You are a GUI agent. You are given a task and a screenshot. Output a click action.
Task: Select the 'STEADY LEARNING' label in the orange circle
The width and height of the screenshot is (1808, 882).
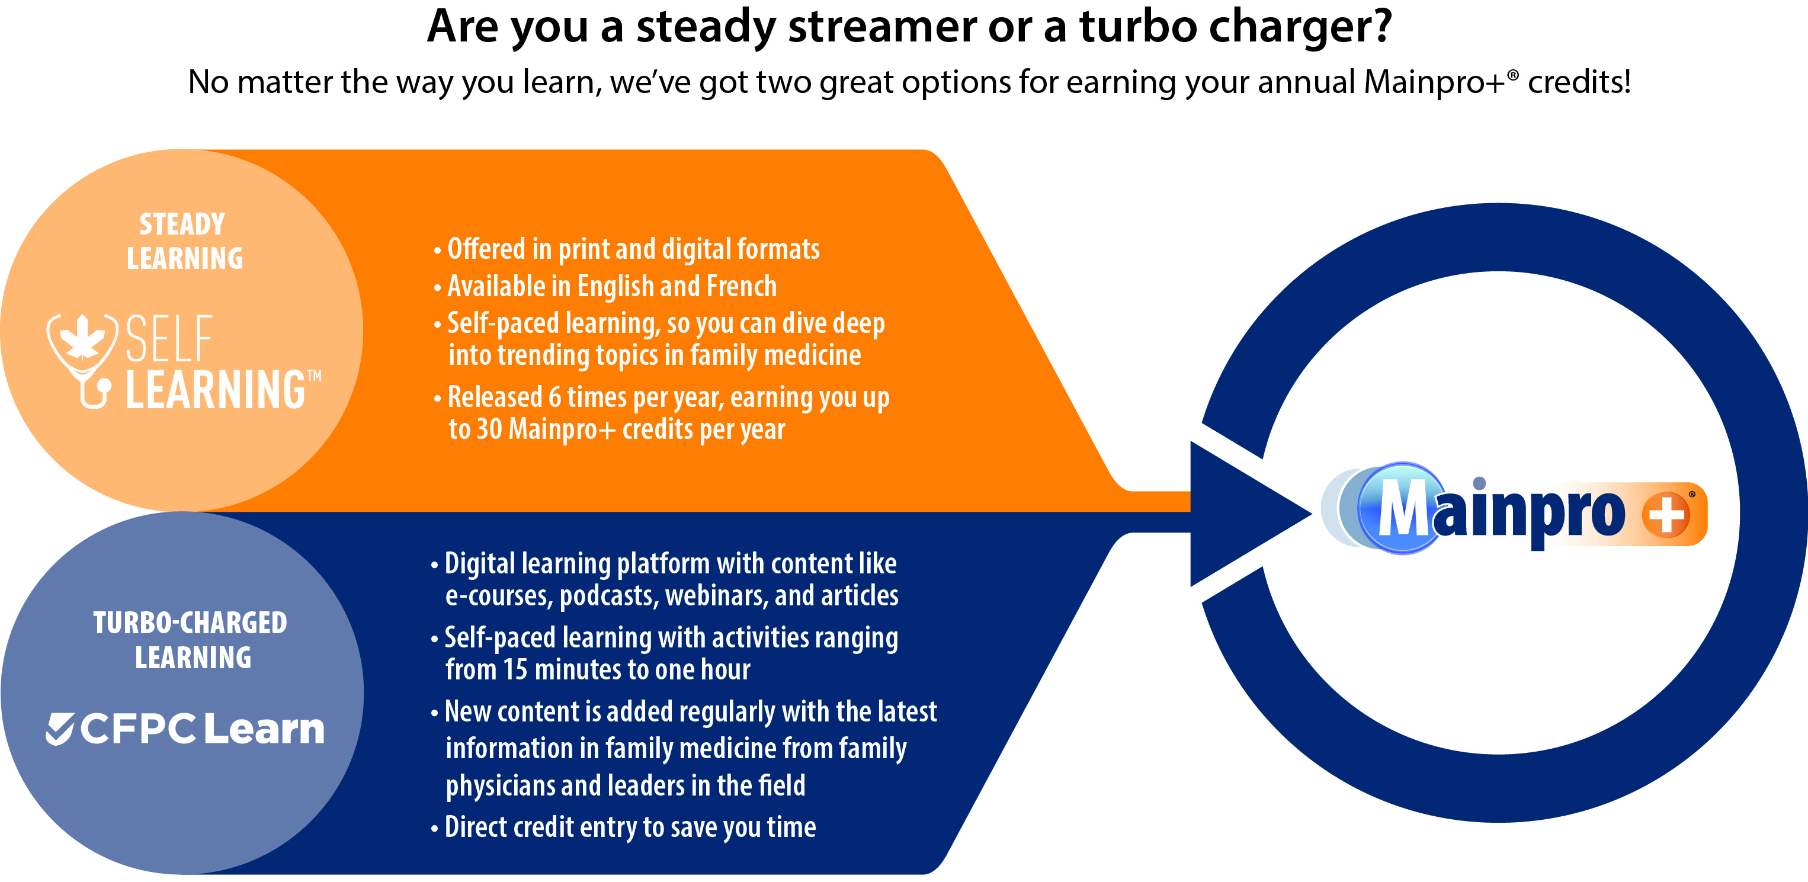[183, 240]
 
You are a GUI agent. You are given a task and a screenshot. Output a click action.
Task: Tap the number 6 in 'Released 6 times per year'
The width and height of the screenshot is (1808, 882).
[554, 397]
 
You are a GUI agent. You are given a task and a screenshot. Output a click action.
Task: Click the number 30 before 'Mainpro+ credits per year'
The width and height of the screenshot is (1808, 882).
[489, 429]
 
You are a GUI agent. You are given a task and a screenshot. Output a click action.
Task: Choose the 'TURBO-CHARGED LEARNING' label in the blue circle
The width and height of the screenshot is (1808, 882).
[191, 639]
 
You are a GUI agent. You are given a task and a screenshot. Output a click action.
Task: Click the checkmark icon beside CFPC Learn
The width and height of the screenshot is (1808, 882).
[60, 729]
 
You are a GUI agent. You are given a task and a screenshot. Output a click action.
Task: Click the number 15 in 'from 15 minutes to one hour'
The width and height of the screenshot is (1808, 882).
[515, 669]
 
